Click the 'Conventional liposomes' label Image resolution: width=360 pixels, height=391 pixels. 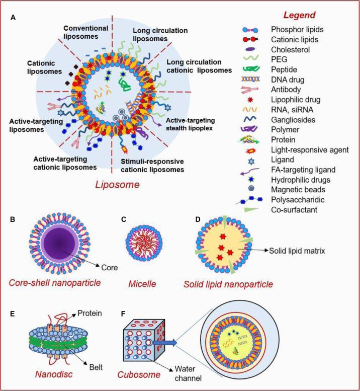tap(84, 33)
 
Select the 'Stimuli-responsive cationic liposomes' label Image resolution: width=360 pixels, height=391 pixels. tap(152, 166)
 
